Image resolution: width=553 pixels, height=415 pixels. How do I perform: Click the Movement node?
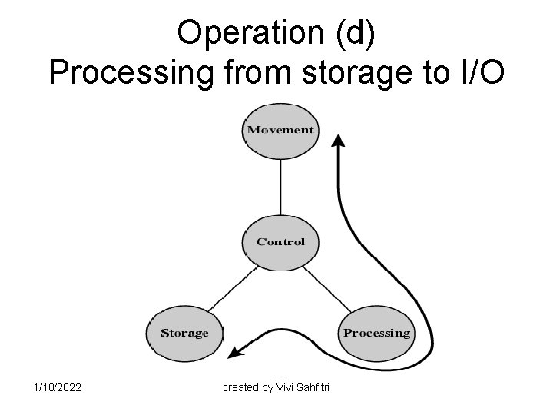click(x=280, y=129)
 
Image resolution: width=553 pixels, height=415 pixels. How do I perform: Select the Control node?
click(x=280, y=241)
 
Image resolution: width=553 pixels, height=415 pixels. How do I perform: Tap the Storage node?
click(x=184, y=333)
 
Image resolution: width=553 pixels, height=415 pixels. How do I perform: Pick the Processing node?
click(x=376, y=333)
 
